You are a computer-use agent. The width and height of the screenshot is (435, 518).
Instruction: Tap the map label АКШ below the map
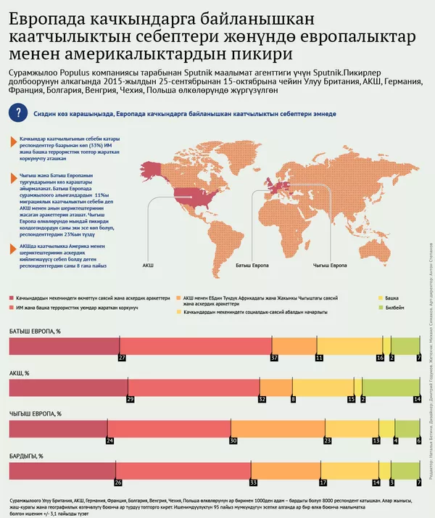pyautogui.click(x=148, y=266)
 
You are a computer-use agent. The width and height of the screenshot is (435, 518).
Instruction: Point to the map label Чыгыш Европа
pyautogui.click(x=323, y=266)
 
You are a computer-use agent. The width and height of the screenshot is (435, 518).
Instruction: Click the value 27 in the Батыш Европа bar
pyautogui.click(x=122, y=358)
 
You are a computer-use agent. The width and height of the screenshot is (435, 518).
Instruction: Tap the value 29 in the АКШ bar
pyautogui.click(x=130, y=399)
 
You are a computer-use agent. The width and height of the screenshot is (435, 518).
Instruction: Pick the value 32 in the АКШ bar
pyautogui.click(x=262, y=399)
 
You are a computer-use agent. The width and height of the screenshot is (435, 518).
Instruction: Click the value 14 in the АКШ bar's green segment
pyautogui.click(x=417, y=399)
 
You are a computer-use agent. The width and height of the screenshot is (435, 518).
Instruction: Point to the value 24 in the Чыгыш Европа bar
pyautogui.click(x=110, y=440)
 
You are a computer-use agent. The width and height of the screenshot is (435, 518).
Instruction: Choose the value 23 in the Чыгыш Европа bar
pyautogui.click(x=328, y=440)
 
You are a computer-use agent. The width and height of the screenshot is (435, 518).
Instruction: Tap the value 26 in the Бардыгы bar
pyautogui.click(x=118, y=481)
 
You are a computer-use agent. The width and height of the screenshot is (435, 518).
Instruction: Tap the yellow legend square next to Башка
pyautogui.click(x=379, y=298)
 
